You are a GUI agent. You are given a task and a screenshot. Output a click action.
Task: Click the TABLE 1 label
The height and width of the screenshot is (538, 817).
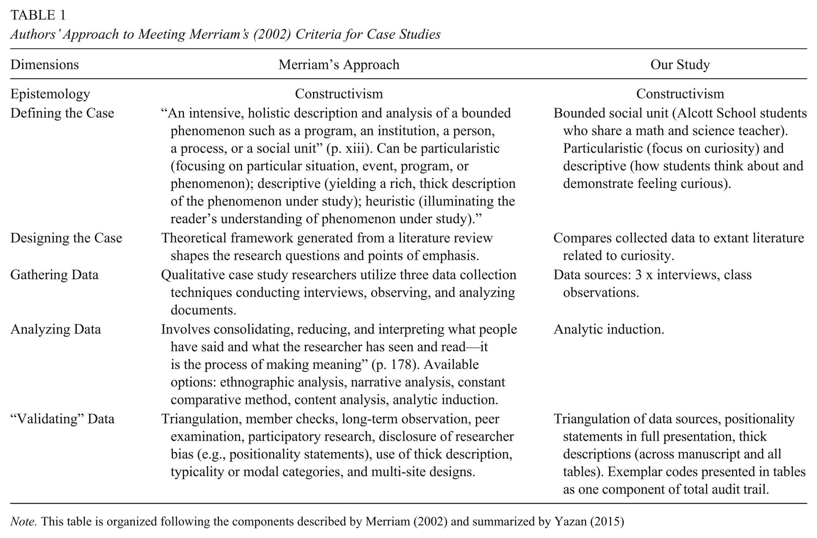tap(38, 15)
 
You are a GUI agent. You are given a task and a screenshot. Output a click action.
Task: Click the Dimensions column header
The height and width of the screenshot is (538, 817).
tap(45, 65)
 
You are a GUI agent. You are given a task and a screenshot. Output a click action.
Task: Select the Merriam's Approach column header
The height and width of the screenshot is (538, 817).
tap(339, 65)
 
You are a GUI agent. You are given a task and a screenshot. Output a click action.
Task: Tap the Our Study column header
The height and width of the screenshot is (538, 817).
tap(680, 65)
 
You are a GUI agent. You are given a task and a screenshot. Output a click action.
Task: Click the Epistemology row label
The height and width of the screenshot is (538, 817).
tap(50, 94)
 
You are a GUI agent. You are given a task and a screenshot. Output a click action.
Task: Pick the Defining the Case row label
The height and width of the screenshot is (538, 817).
tap(62, 113)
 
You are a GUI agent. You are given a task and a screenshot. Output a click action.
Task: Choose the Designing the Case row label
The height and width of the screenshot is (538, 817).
tap(66, 238)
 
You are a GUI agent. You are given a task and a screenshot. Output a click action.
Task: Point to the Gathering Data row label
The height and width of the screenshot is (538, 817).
tap(55, 275)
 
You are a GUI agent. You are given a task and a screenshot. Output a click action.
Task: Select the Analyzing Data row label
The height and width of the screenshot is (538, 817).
tap(56, 330)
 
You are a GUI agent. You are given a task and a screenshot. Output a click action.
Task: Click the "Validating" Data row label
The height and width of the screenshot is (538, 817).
tap(62, 419)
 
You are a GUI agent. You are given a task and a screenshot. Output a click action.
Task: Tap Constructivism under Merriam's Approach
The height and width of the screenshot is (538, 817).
tap(339, 94)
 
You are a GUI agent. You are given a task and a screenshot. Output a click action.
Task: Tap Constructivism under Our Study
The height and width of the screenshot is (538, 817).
tap(680, 94)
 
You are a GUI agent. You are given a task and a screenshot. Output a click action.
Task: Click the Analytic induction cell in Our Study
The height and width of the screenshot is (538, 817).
tap(609, 330)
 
